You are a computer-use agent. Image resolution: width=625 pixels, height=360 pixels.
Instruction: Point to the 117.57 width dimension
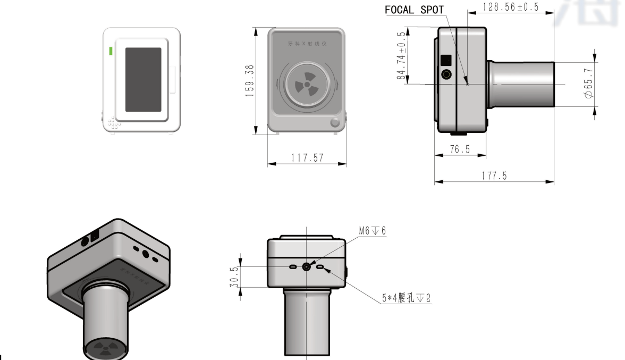coord(307,158)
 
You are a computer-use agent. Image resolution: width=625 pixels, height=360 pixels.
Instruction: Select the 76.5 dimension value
coord(460,149)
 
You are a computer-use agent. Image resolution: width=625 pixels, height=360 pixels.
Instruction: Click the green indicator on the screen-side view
coord(111,51)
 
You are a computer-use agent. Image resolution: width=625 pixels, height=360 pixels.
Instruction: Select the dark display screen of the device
coord(143,79)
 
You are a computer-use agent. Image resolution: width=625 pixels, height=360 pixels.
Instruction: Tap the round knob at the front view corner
coord(335,123)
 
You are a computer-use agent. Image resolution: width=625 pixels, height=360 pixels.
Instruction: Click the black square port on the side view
coord(446,60)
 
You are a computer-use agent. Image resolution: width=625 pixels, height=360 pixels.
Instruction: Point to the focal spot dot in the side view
coord(467,83)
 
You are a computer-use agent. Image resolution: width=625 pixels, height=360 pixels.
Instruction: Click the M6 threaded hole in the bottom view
coord(307,266)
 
